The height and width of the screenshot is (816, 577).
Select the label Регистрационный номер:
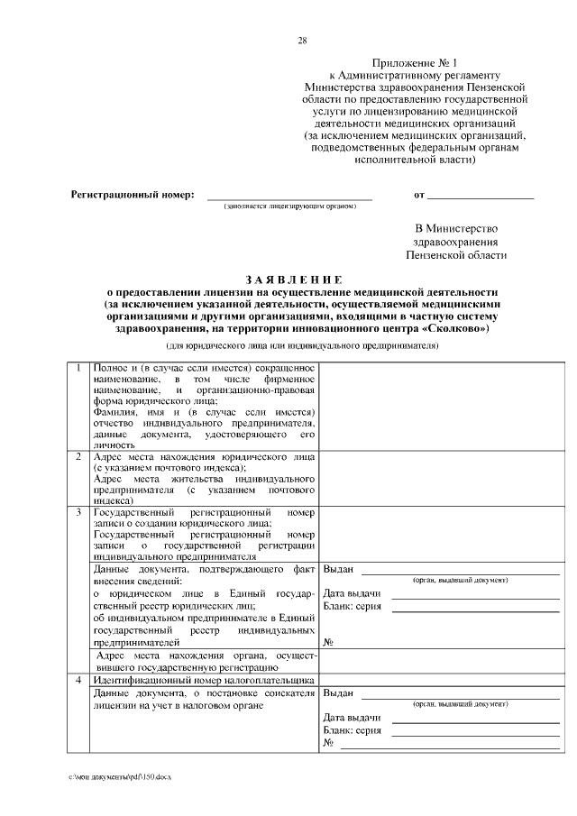[133, 195]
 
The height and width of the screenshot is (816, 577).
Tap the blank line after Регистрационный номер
[289, 195]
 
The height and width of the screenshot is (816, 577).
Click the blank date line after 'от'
[480, 195]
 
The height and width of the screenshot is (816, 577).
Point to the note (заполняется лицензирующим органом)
[289, 206]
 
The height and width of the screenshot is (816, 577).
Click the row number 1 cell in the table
[78, 368]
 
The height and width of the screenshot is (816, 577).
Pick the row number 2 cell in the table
[78, 456]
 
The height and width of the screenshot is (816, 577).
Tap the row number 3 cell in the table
[78, 512]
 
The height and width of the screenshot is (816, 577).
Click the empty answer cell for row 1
[441, 406]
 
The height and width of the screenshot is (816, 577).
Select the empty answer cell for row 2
[441, 478]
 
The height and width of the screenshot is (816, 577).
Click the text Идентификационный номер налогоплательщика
[204, 680]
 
